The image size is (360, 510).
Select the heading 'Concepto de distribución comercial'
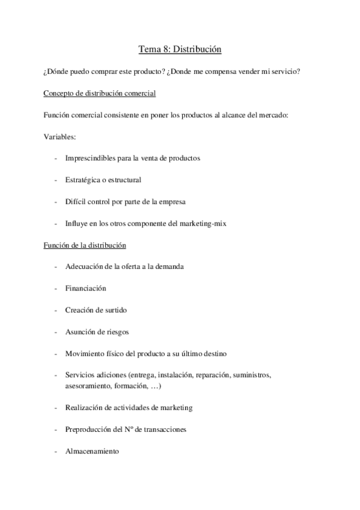[x=100, y=93]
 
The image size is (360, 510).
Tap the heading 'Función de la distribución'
[x=84, y=245]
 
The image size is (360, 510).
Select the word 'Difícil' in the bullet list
[x=75, y=201]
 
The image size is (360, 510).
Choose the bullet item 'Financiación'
[x=85, y=288]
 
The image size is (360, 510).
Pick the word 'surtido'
[x=114, y=310]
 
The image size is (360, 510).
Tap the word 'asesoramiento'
[x=89, y=386]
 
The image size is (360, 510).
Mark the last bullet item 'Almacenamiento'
[x=92, y=450]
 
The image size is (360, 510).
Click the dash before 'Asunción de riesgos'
[x=55, y=331]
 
